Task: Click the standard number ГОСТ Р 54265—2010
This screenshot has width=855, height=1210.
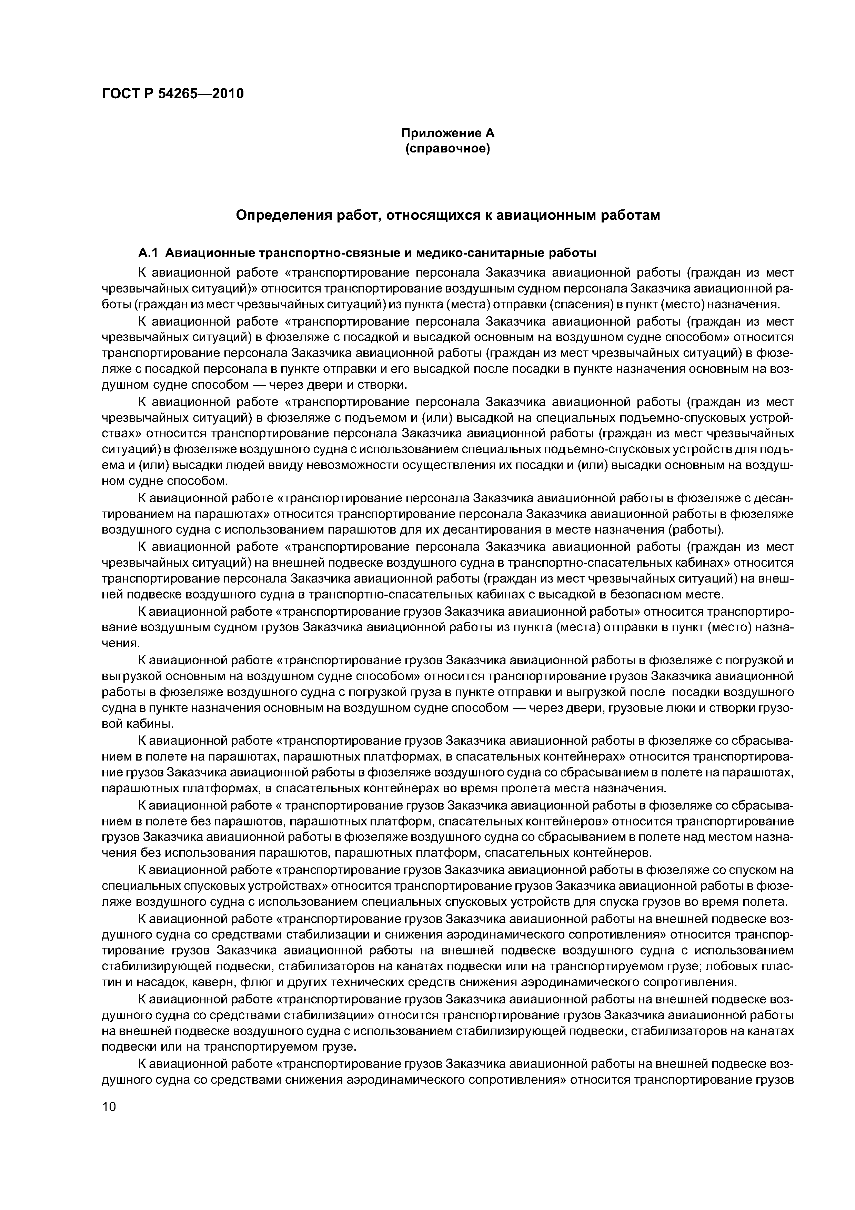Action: (x=173, y=94)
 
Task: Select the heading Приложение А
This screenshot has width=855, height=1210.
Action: (x=448, y=133)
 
